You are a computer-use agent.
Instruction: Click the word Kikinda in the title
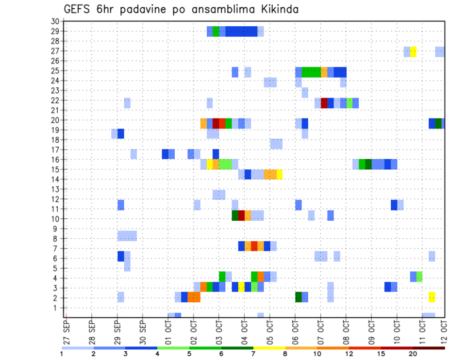[275, 9]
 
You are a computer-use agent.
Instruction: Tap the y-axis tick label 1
[56, 308]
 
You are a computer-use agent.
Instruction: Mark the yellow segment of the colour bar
[269, 348]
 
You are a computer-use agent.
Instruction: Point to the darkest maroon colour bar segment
[429, 348]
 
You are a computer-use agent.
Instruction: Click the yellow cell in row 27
[413, 51]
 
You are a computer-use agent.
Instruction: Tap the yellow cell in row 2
[432, 297]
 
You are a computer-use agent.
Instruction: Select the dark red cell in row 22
[324, 103]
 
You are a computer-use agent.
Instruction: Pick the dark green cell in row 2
[299, 297]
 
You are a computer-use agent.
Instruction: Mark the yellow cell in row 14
[280, 174]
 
